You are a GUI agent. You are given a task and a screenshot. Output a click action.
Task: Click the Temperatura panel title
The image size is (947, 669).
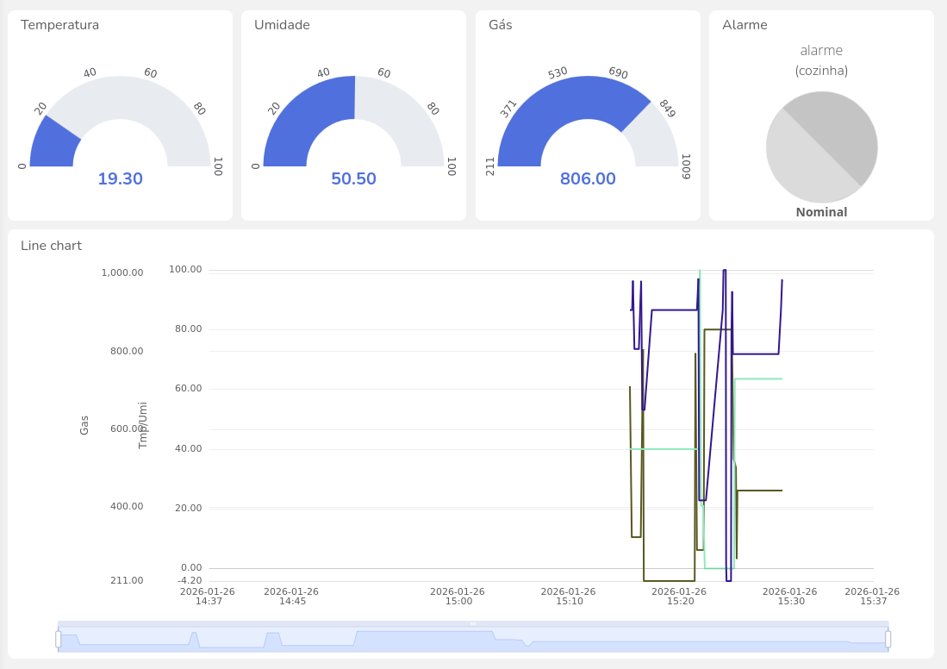click(x=59, y=25)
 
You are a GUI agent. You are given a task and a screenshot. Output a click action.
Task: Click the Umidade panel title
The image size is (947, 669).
click(x=282, y=25)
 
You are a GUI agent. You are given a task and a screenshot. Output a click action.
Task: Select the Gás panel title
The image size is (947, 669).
click(x=500, y=25)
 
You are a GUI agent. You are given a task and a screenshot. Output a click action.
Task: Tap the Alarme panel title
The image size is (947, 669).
click(x=745, y=25)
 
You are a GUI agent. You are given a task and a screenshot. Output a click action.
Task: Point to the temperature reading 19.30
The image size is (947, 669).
click(x=120, y=178)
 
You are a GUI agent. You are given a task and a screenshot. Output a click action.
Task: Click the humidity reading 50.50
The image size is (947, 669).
click(x=353, y=178)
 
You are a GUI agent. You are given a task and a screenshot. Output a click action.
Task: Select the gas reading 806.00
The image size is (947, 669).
click(x=588, y=178)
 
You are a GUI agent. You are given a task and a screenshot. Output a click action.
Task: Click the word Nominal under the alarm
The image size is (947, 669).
click(x=821, y=212)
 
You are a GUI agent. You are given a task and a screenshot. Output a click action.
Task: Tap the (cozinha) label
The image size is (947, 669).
click(x=821, y=71)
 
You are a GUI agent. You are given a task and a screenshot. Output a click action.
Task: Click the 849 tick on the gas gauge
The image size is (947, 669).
click(x=667, y=109)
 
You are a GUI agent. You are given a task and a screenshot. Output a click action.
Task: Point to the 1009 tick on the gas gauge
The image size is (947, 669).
click(x=686, y=166)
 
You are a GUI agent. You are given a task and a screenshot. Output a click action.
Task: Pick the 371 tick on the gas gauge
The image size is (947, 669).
click(x=508, y=109)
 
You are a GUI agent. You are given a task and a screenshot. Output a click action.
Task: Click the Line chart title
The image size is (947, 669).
click(x=51, y=246)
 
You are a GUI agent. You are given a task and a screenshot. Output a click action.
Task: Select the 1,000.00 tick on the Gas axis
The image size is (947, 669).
click(x=122, y=272)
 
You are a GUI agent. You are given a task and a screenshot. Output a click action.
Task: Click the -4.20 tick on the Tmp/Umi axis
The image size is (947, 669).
click(x=190, y=580)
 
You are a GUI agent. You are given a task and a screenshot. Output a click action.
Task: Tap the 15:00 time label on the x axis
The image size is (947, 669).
click(x=457, y=597)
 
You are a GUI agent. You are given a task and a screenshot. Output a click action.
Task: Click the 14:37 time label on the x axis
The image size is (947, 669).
click(x=208, y=597)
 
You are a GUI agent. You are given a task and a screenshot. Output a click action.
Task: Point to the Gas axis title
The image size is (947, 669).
click(x=84, y=425)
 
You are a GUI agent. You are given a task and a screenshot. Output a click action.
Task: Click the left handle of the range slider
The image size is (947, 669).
click(x=59, y=639)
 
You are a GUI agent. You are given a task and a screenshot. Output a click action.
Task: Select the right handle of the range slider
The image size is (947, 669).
click(x=888, y=639)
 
